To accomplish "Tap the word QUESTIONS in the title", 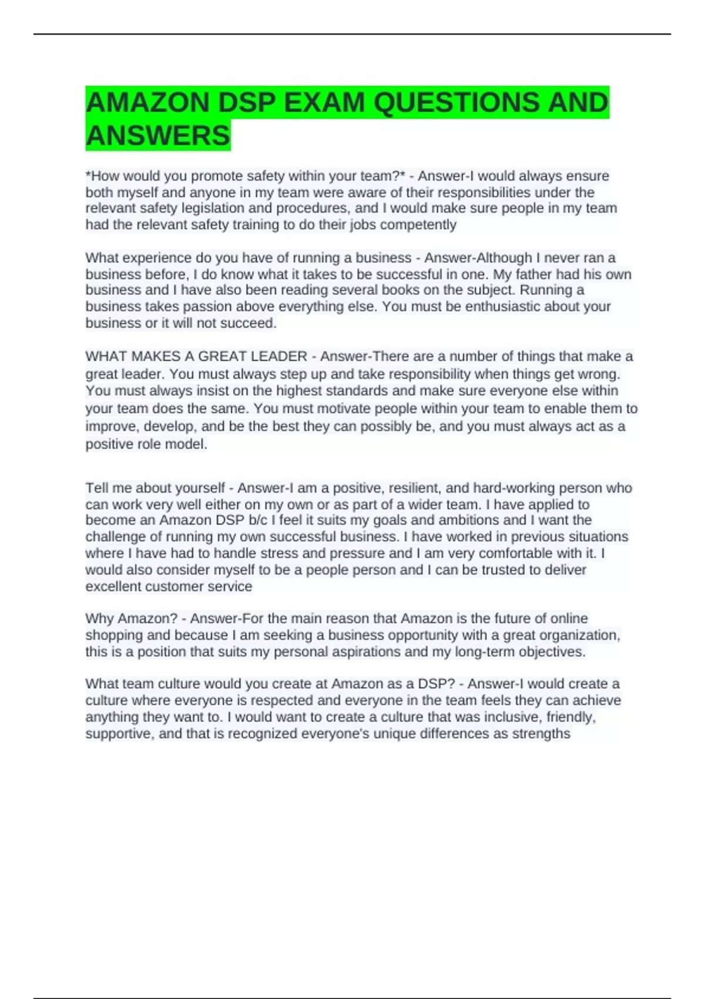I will [x=455, y=103].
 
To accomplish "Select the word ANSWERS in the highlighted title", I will [x=158, y=136].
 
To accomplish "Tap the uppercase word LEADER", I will [x=279, y=357].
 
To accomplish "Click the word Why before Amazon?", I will [x=99, y=619].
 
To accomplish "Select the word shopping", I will [x=114, y=635].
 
